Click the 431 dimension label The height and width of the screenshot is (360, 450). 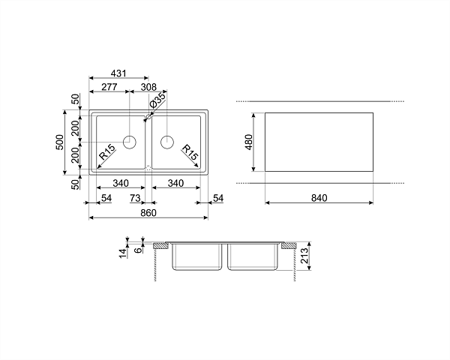(x=118, y=73)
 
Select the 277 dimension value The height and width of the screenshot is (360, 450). (x=109, y=87)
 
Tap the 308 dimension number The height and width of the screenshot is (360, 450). (x=149, y=87)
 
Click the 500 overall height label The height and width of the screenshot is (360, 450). (x=60, y=142)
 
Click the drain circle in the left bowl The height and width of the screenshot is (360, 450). (x=130, y=142)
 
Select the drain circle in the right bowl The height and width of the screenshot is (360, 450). (x=167, y=142)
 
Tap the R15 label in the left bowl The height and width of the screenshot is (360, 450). (x=107, y=151)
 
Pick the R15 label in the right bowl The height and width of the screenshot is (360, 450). (x=190, y=152)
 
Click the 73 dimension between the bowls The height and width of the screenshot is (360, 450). (x=135, y=198)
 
